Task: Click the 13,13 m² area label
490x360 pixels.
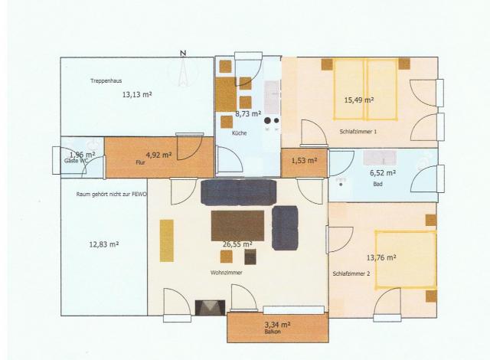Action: coord(136,95)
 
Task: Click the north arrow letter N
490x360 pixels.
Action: coord(182,53)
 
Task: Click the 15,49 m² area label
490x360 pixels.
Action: coord(358,100)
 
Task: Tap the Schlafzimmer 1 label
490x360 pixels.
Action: coord(358,131)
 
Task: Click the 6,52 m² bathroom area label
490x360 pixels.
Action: coord(384,173)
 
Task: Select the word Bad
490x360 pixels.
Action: coord(377,184)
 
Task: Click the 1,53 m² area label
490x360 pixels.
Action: coord(304,160)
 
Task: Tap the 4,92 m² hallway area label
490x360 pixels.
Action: coord(158,154)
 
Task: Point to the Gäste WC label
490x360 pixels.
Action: coord(77,162)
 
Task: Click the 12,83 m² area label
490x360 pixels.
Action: coord(103,244)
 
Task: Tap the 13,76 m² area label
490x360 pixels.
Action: coord(381,259)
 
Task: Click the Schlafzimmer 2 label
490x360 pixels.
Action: coord(351,273)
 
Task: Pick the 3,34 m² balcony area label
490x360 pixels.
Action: coord(277,324)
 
